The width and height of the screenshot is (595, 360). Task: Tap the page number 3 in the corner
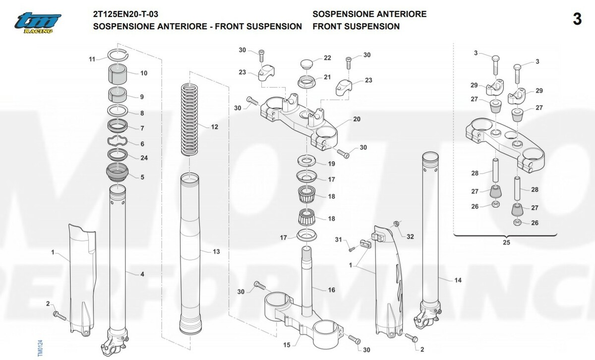point(577,19)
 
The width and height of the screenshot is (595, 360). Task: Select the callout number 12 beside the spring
point(214,127)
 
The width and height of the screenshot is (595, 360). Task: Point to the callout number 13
point(216,252)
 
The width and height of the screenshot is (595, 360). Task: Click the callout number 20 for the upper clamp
point(357,120)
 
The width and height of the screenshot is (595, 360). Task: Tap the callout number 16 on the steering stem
point(332,289)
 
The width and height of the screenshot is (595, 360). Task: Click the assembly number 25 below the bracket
point(506,242)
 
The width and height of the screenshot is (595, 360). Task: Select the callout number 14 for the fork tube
point(458,280)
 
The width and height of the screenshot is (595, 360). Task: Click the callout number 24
point(144,158)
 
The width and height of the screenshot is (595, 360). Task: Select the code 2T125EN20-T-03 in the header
point(125,14)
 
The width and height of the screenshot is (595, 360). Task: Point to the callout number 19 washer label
point(332,164)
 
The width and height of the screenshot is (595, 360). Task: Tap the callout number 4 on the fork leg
point(142,274)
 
